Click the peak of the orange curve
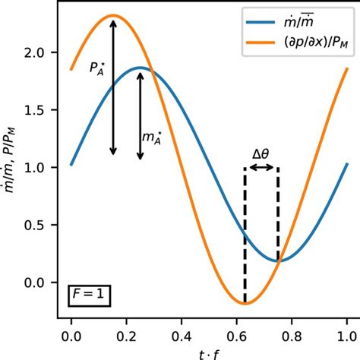112,15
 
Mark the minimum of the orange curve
245,304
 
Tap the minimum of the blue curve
278,261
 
